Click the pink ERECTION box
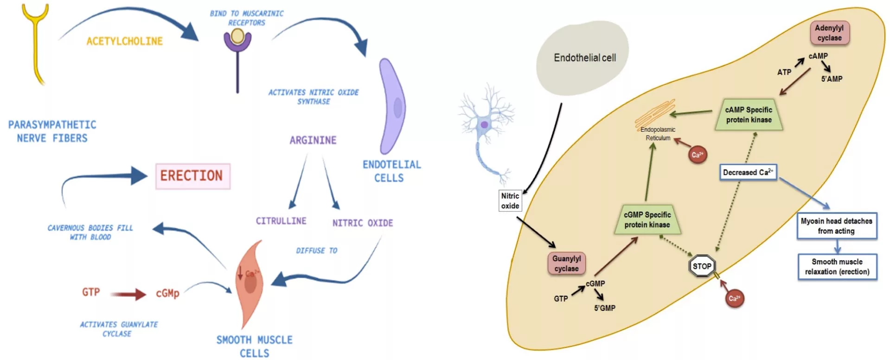[192, 176]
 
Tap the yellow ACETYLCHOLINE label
[124, 41]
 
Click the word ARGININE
[313, 140]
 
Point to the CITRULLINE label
[281, 221]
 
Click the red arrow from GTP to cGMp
[128, 294]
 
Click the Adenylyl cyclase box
[829, 33]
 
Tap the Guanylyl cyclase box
[566, 264]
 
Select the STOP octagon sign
[702, 266]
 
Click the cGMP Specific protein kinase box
[647, 220]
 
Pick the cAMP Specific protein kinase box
[749, 115]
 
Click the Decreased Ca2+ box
[748, 172]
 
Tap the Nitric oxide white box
[510, 201]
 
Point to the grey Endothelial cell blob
[583, 58]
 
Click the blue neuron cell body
[485, 124]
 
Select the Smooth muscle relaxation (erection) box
[837, 267]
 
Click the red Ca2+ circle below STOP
[734, 298]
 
